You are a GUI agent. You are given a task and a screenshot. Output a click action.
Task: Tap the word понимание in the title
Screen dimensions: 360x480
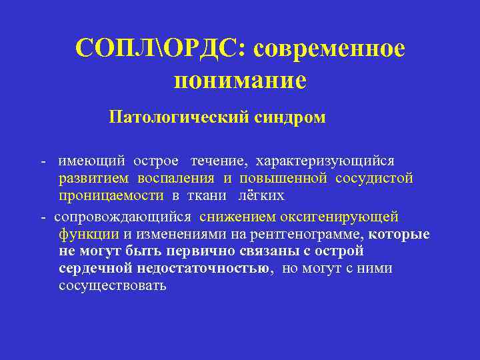(240, 80)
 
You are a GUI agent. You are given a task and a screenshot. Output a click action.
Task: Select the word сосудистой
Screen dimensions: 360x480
(375, 178)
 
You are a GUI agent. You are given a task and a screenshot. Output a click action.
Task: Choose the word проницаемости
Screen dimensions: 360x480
(111, 195)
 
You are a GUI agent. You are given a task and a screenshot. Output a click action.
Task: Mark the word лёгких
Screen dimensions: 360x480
(261, 195)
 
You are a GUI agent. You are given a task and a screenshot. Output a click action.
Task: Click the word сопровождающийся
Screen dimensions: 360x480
(123, 217)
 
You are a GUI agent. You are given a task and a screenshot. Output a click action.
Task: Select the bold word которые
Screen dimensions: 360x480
(399, 234)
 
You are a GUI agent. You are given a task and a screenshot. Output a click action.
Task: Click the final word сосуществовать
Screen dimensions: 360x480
(112, 286)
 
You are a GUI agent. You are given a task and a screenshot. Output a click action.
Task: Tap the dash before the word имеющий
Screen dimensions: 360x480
(43, 161)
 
